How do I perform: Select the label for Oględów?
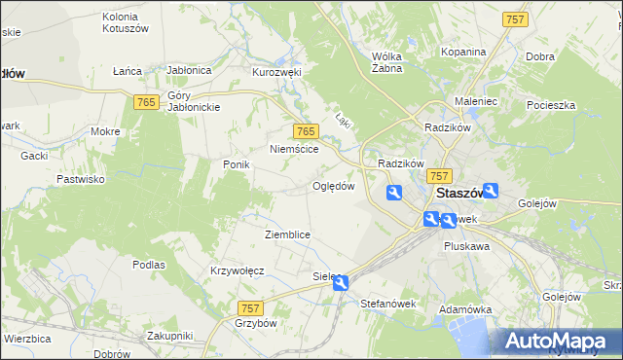coord(333,186)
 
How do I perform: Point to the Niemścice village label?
coord(294,150)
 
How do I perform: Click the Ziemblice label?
coord(287,234)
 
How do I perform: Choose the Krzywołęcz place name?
coord(238,270)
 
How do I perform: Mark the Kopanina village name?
coord(462,52)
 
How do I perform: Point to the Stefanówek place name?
coord(387,304)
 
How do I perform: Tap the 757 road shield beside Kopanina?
coord(515,19)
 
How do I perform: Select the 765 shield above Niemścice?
coord(306,131)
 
